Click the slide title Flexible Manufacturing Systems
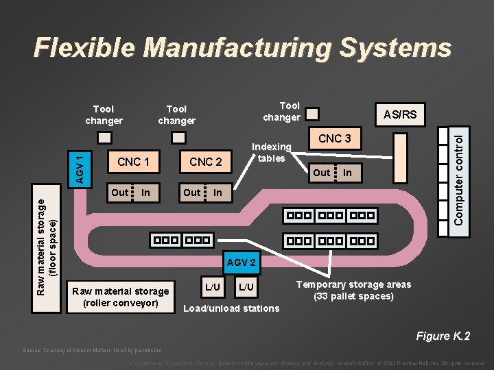pyautogui.click(x=243, y=47)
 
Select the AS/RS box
pyautogui.click(x=399, y=114)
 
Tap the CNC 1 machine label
pyautogui.click(x=133, y=162)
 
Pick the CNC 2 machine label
pyautogui.click(x=206, y=162)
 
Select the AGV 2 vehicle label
pyautogui.click(x=241, y=262)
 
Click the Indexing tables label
pyautogui.click(x=272, y=152)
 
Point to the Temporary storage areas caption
pyautogui.click(x=353, y=291)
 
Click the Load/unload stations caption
pyautogui.click(x=231, y=308)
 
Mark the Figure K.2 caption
pyautogui.click(x=443, y=336)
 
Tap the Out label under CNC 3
pyautogui.click(x=321, y=173)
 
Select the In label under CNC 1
pyautogui.click(x=145, y=193)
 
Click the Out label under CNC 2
pyautogui.click(x=192, y=193)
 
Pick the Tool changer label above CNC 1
pyautogui.click(x=104, y=114)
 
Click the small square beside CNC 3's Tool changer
pyautogui.click(x=312, y=113)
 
